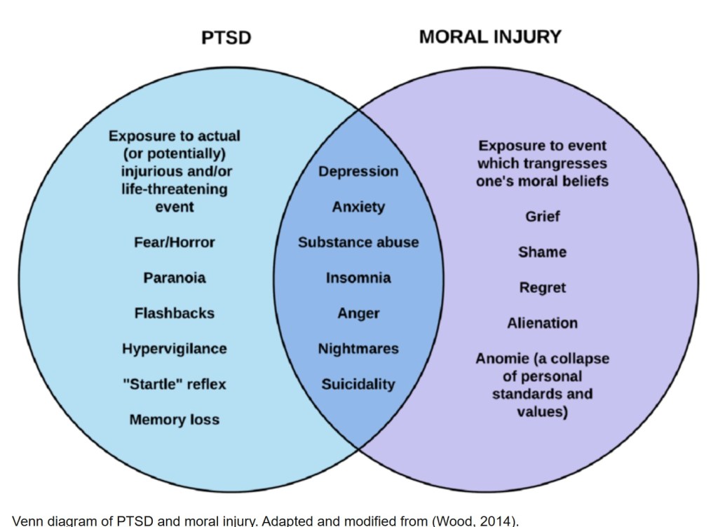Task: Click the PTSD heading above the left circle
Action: coord(226,37)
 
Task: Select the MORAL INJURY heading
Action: coord(490,36)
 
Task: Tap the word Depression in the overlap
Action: coord(358,172)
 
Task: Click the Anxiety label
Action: coord(358,207)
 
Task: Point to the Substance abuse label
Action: coord(358,242)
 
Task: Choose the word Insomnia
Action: coord(358,278)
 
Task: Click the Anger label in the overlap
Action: coord(358,313)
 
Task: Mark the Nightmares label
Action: coord(358,349)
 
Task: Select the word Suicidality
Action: coord(358,384)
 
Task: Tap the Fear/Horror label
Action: coord(175,242)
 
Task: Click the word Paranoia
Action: coord(175,278)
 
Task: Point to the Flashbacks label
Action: coord(175,313)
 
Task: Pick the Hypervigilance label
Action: coord(175,349)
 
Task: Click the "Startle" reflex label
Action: coord(175,384)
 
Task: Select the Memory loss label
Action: coord(175,420)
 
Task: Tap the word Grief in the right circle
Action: coord(543,217)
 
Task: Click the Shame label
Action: coord(543,252)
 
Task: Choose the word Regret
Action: coord(543,287)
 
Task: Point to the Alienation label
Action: coord(543,323)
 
